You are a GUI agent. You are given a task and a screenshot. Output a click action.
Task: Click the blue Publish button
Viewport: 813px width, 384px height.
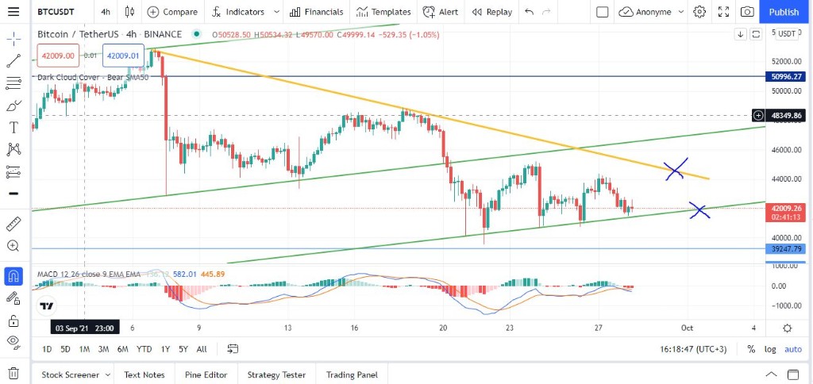point(784,12)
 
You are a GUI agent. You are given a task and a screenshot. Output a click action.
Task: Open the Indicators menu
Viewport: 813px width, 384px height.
point(245,12)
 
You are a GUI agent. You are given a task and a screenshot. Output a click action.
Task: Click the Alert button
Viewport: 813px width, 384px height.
point(440,12)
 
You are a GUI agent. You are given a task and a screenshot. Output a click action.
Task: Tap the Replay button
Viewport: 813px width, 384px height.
point(491,12)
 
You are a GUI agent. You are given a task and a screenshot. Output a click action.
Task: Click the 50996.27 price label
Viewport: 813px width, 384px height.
point(786,77)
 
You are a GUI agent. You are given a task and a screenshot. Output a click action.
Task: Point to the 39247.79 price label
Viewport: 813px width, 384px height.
point(786,249)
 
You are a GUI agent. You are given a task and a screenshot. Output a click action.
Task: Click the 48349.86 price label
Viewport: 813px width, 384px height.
point(786,116)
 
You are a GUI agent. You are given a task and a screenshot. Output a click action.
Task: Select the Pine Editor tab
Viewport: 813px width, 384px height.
point(206,374)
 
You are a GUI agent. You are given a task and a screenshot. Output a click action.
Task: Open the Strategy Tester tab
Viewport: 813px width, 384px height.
point(275,374)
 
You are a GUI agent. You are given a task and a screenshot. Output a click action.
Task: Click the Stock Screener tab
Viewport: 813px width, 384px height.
point(71,374)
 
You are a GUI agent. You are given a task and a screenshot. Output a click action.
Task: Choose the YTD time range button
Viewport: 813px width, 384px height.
point(144,349)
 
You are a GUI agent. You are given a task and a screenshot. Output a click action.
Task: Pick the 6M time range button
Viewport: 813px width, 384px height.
point(122,349)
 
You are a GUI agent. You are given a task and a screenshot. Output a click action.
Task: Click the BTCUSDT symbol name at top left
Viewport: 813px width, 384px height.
point(61,12)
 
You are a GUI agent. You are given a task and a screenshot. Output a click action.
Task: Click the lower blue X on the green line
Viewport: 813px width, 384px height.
point(699,210)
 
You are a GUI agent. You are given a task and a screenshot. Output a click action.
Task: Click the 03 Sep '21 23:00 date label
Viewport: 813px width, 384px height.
point(83,328)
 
